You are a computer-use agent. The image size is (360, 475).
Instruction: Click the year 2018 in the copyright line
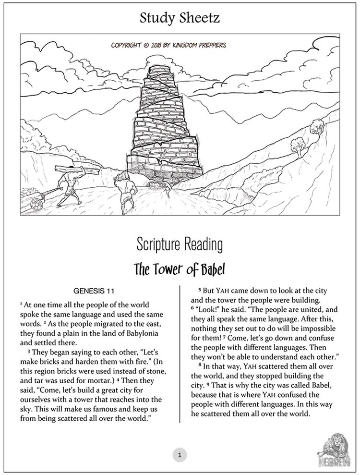[155, 46]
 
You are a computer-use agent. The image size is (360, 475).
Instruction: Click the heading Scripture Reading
[180, 244]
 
